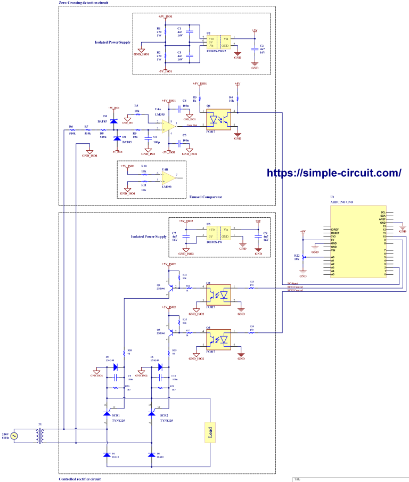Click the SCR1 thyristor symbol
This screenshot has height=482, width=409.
[107, 413]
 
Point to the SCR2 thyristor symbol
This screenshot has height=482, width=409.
[151, 413]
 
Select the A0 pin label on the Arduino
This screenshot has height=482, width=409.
[333, 257]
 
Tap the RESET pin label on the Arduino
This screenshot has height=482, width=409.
[335, 233]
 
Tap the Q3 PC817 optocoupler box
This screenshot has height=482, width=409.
[218, 338]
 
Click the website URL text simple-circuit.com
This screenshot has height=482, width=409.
[333, 173]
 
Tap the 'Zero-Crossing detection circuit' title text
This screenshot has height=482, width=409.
[85, 3]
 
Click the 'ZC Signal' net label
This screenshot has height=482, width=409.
[293, 283]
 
